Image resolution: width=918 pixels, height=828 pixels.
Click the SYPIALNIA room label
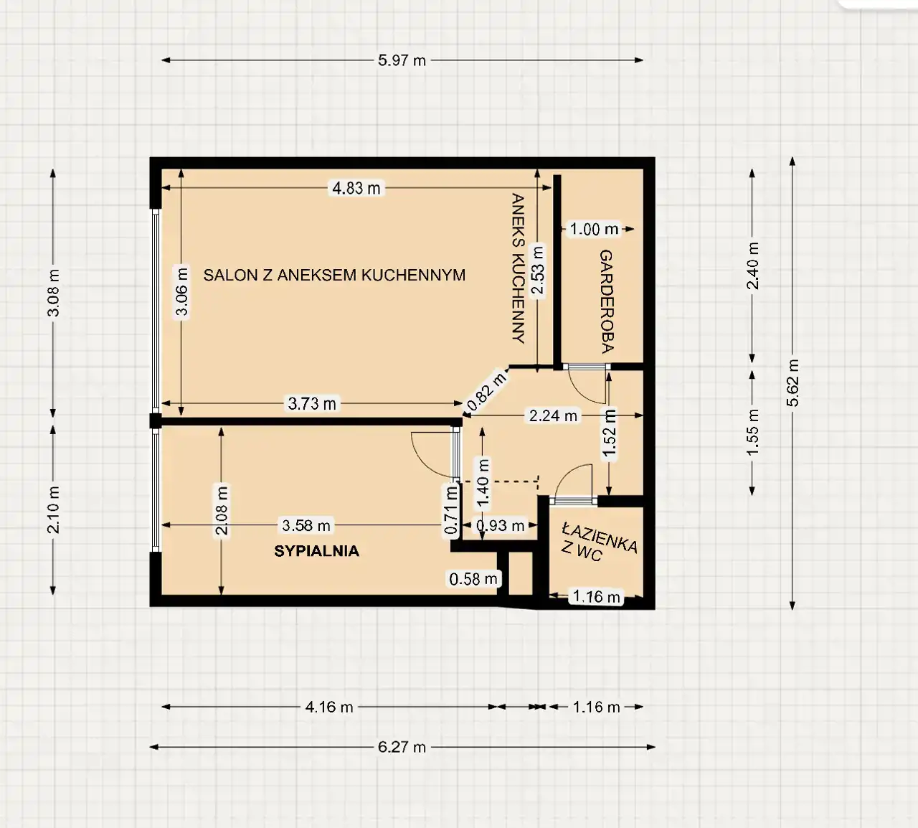point(317,551)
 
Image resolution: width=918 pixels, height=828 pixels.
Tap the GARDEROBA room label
point(606,301)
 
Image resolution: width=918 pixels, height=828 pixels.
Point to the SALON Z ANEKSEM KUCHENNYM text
point(334,275)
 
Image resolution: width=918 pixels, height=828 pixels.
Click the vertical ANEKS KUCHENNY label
point(518,268)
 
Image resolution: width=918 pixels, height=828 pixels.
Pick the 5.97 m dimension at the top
point(402,60)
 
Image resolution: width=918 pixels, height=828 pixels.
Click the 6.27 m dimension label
point(402,747)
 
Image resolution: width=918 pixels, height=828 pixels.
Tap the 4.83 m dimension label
point(356,188)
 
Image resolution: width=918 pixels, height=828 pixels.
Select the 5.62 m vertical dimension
point(792,383)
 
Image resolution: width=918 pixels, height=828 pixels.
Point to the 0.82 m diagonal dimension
point(487,391)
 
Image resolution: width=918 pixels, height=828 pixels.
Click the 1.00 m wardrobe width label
point(594,229)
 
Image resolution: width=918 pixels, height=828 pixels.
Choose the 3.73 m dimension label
point(312,403)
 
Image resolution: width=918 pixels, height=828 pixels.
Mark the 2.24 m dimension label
point(553,415)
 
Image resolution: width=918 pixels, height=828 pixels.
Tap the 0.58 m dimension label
point(473,579)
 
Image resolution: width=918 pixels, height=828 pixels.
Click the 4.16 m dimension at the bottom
point(329,707)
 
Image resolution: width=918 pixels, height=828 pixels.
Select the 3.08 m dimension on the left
point(54,293)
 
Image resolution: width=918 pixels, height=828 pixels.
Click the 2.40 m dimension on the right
point(752,265)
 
